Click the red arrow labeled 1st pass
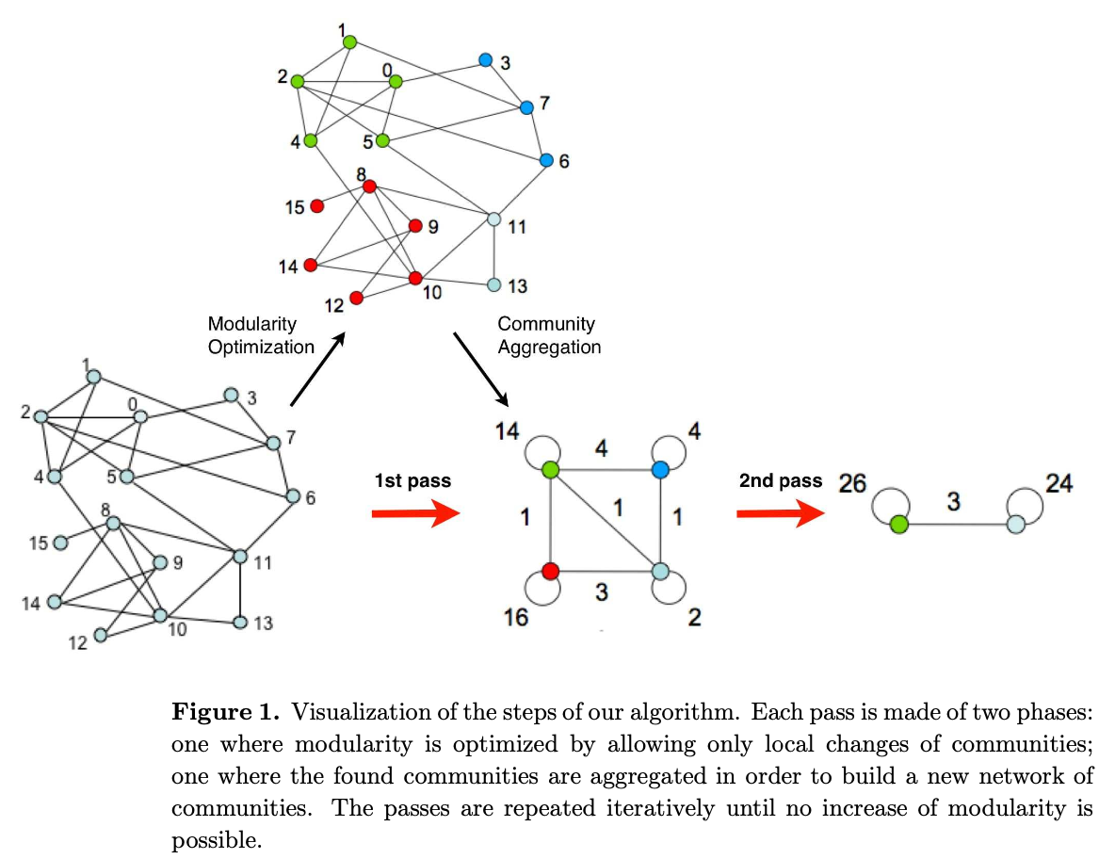(415, 513)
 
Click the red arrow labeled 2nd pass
(780, 513)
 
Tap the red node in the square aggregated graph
(551, 571)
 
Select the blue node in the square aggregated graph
(660, 468)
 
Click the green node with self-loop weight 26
(898, 525)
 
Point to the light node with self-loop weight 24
(1015, 525)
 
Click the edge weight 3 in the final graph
(954, 502)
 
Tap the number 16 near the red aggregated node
(515, 617)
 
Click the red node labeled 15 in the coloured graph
(317, 205)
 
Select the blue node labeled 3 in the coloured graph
(485, 59)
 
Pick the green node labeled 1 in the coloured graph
(349, 41)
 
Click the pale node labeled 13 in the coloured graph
(493, 284)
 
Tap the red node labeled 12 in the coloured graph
(356, 298)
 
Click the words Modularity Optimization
(261, 335)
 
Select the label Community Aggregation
(548, 335)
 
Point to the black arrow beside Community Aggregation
(482, 367)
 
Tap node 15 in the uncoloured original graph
(60, 543)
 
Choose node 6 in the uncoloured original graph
(293, 495)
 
